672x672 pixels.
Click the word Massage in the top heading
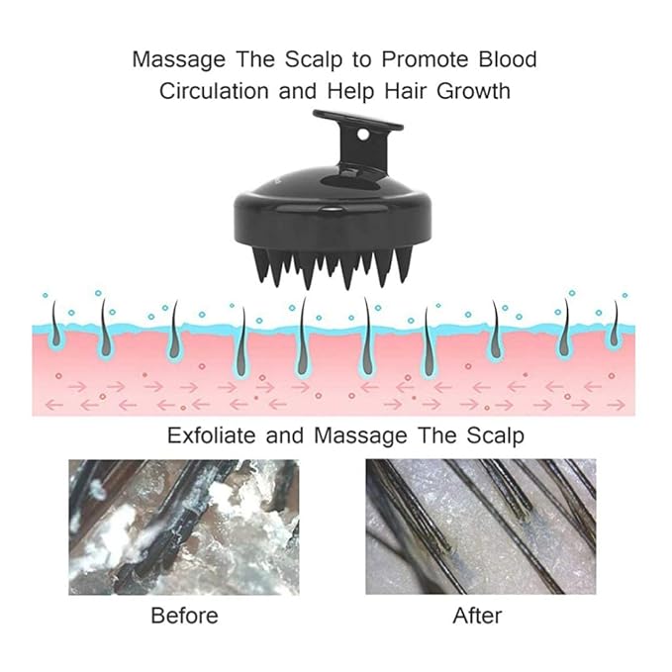pos(179,60)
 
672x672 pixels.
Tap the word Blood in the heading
pos(508,58)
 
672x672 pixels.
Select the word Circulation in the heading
pos(214,91)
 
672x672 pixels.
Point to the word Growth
pos(474,91)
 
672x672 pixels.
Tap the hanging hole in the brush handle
pos(362,135)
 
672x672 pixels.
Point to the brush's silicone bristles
pos(333,265)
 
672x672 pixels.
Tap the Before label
pos(185,616)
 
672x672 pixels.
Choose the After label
pos(477,616)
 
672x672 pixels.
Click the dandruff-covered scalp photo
pos(184,527)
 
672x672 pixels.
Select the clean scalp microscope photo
pos(480,527)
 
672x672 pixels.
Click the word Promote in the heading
pos(426,58)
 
